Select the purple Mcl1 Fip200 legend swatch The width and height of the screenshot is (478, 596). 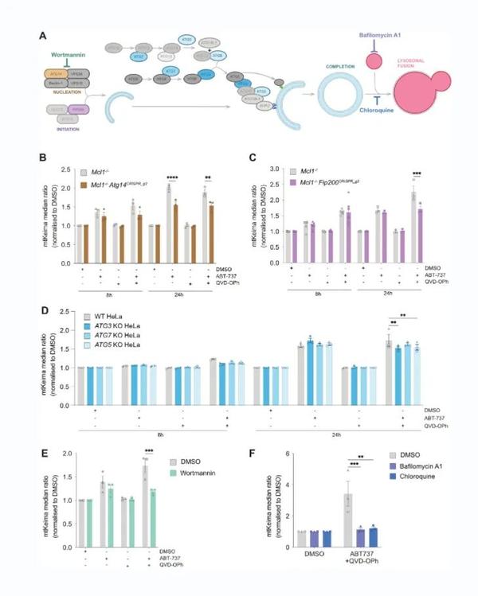pos(296,180)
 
